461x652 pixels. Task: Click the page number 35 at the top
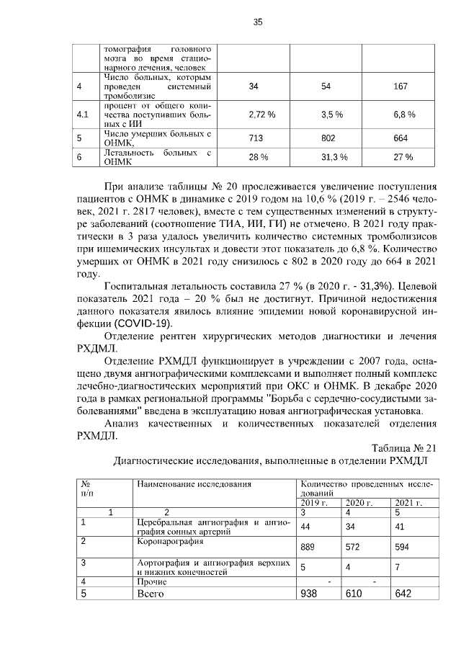[x=257, y=22]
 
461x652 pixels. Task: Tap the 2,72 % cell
[x=262, y=115]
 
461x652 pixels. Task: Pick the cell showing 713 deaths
[x=256, y=138]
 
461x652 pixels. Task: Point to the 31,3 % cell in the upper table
[x=334, y=157]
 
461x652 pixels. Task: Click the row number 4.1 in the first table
[x=83, y=115]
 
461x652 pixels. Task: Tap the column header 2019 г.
[x=314, y=502]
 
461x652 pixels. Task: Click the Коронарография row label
[x=161, y=540]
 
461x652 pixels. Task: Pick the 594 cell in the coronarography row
[x=400, y=547]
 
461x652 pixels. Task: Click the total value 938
[x=310, y=594]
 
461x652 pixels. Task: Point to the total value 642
[x=402, y=594]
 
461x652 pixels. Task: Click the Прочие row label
[x=152, y=581]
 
